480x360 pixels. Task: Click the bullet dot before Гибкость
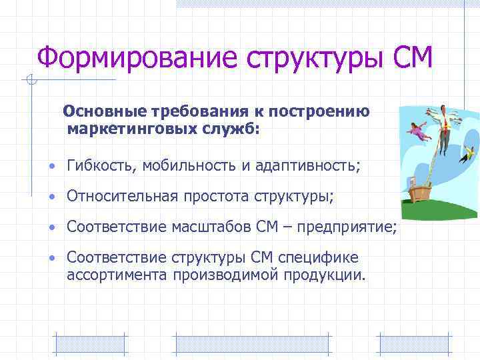pyautogui.click(x=51, y=166)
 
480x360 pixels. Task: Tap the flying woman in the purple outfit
pyautogui.click(x=418, y=131)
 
